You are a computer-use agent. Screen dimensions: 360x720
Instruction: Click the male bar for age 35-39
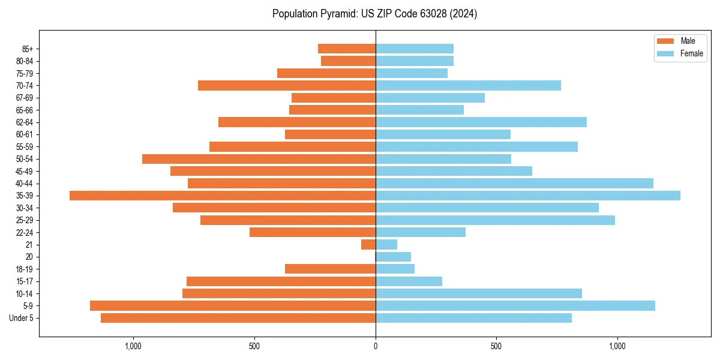click(222, 196)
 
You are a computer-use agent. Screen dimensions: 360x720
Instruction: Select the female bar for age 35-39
click(528, 196)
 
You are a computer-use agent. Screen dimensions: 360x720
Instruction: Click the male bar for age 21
click(368, 245)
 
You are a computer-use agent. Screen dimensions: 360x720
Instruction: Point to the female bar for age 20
click(393, 257)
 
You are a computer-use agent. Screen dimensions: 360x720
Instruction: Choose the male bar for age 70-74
click(287, 86)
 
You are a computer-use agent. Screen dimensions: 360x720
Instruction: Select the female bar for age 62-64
click(481, 122)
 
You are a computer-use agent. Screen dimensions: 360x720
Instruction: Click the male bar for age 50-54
click(259, 159)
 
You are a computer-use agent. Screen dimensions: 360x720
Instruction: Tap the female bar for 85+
click(414, 49)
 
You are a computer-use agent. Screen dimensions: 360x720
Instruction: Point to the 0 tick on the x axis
click(376, 346)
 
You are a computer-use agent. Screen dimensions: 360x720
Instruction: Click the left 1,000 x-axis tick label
click(133, 346)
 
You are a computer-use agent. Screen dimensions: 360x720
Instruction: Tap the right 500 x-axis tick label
click(496, 346)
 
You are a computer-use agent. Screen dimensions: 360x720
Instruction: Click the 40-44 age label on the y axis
click(25, 184)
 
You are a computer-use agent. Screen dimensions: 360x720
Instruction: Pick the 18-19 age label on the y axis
click(25, 269)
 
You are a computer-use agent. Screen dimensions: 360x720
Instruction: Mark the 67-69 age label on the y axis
click(25, 98)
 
